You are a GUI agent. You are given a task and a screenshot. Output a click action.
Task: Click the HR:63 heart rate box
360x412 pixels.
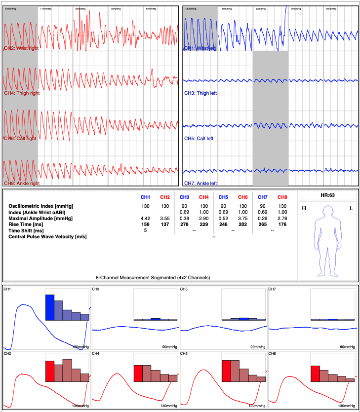[328, 195]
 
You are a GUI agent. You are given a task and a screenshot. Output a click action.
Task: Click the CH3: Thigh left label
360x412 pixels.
[200, 93]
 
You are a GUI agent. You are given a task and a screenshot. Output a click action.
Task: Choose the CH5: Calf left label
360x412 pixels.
[199, 139]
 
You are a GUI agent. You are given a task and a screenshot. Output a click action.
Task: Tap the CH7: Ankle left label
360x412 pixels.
[200, 183]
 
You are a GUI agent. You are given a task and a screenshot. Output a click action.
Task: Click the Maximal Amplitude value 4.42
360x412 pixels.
[145, 218]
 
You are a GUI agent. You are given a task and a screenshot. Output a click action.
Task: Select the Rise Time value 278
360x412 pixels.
[184, 224]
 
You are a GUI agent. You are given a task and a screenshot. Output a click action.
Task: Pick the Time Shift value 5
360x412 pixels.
[145, 230]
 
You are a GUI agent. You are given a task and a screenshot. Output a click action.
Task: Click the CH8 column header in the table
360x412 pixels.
[282, 197]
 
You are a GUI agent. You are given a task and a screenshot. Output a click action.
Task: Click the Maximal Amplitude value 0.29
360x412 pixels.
[263, 218]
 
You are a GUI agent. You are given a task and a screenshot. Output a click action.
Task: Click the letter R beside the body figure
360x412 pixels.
[304, 208]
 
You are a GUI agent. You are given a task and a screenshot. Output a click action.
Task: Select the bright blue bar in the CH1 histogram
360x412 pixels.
[49, 307]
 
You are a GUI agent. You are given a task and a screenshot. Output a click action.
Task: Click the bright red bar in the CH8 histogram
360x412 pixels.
[315, 374]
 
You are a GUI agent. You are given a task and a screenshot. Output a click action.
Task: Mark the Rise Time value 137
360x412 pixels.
[165, 224]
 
